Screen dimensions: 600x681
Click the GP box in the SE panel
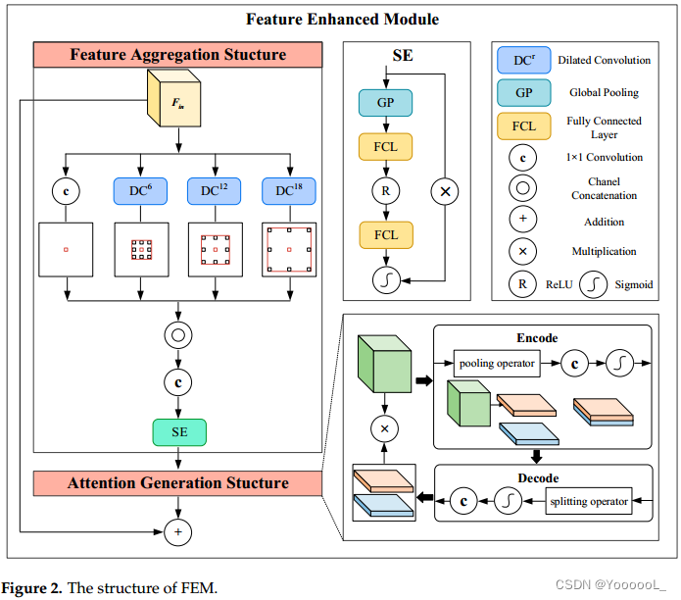[x=385, y=103]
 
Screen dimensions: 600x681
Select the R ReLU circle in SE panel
[x=385, y=192]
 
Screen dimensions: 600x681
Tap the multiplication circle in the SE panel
[x=445, y=192]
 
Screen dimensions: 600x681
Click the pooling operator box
[x=497, y=363]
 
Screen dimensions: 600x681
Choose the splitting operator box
[x=588, y=501]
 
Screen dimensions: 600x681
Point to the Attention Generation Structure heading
[x=177, y=483]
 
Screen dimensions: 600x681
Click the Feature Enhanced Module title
[x=342, y=20]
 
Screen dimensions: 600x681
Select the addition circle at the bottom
[x=177, y=532]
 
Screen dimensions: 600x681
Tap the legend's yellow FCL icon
[x=524, y=126]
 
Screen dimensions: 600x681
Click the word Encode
[x=537, y=338]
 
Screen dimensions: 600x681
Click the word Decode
[x=537, y=477]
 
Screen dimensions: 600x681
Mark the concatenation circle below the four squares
[x=177, y=334]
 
